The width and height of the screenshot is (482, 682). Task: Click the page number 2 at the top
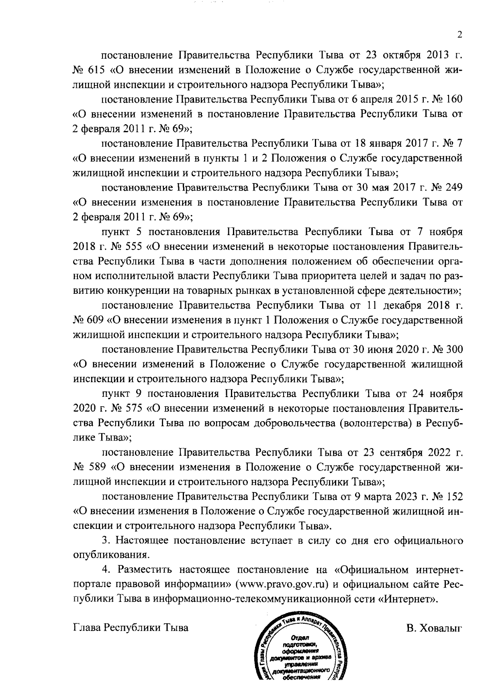(x=460, y=35)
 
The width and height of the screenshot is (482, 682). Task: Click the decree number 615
(x=96, y=70)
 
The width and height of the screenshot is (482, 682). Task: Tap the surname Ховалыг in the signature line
(x=435, y=628)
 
